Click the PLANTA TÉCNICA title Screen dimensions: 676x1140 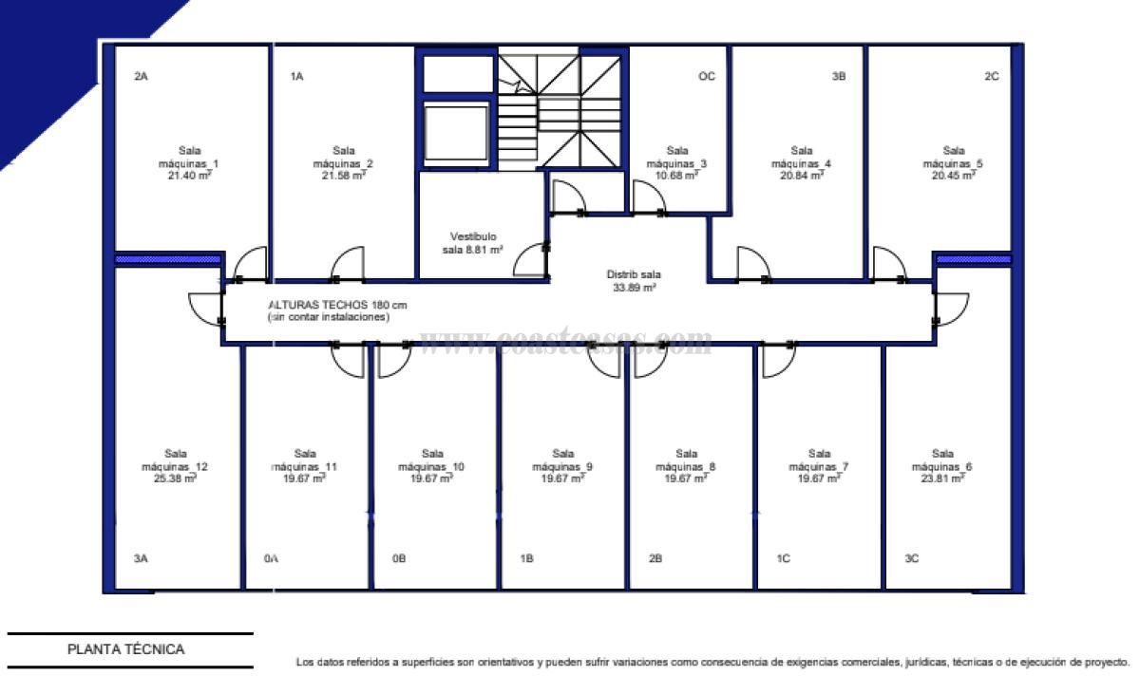(x=125, y=650)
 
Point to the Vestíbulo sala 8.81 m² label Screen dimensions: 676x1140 (x=472, y=243)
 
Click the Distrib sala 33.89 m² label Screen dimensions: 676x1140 (x=633, y=281)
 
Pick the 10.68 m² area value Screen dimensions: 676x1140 (x=677, y=176)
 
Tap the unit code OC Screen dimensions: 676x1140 (x=706, y=77)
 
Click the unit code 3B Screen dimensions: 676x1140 (x=838, y=77)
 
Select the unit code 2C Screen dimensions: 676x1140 (x=991, y=77)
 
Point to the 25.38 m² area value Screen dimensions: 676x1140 (x=175, y=479)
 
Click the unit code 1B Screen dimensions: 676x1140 (x=526, y=559)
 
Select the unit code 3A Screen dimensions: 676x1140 (x=141, y=559)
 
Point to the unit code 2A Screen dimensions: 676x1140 (x=141, y=77)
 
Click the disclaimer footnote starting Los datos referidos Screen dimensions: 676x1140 (x=712, y=662)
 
